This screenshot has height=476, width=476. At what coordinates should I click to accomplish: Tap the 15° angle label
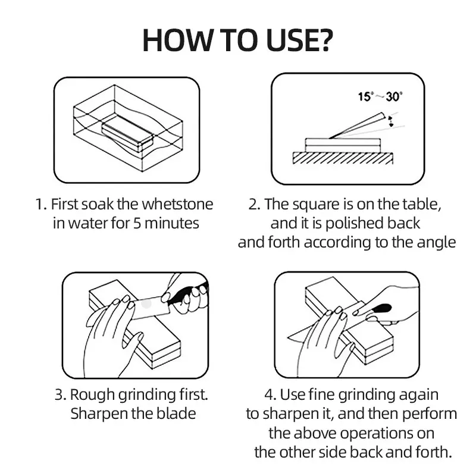pos(365,96)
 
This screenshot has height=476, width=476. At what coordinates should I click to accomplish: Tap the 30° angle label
pos(394,96)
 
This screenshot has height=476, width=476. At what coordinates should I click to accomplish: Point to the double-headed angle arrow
pos(390,121)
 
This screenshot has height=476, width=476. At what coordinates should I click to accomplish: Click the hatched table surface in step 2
pos(343,158)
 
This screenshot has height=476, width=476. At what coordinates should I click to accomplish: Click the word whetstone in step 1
pos(177,204)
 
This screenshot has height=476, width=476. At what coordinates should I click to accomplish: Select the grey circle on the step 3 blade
pos(146,303)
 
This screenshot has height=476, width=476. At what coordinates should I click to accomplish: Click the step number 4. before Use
pos(270,395)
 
